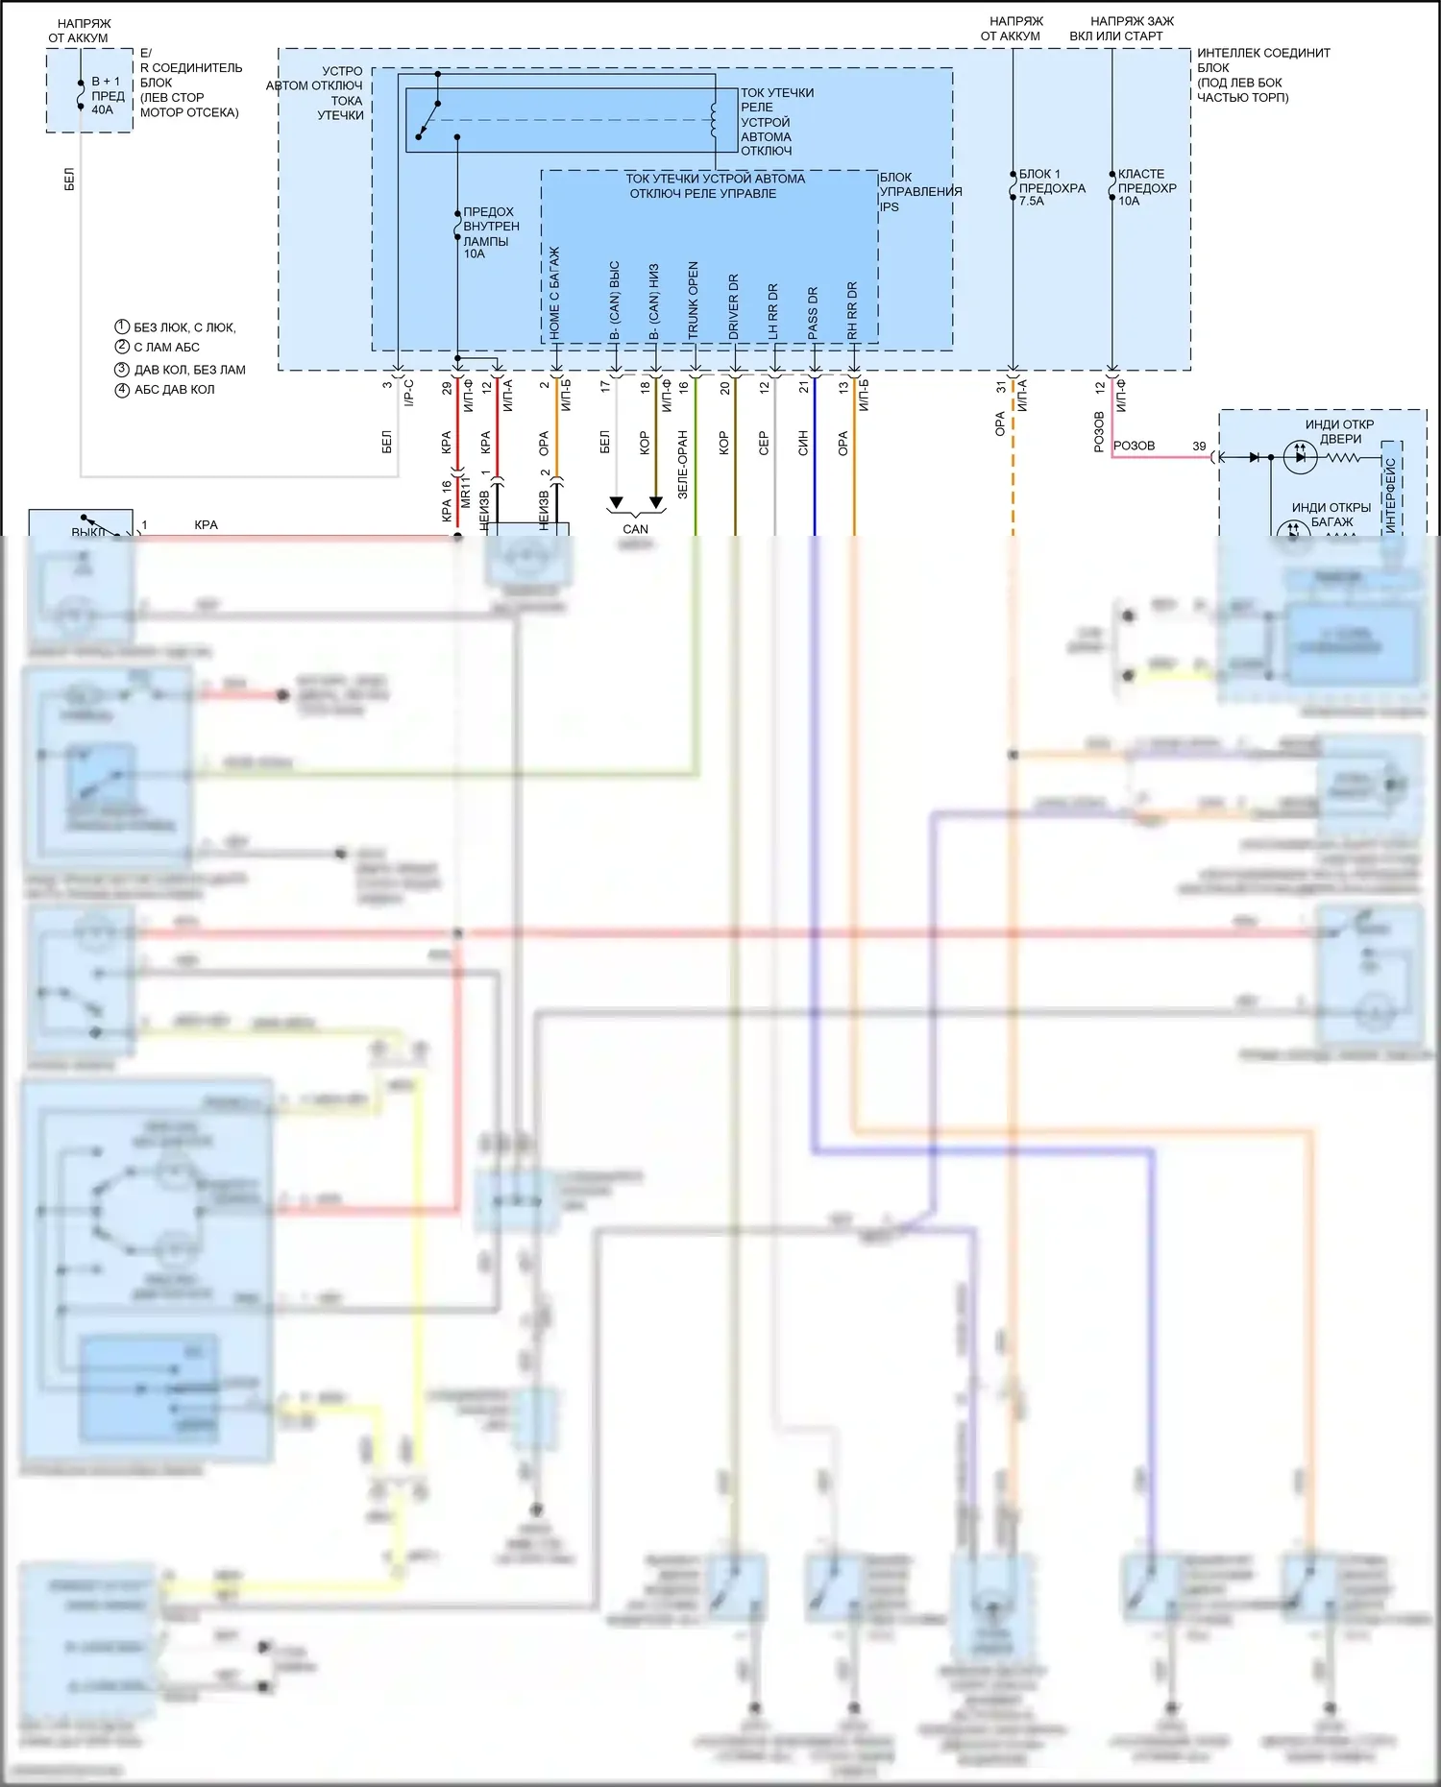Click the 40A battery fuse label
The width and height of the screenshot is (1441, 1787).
point(102,109)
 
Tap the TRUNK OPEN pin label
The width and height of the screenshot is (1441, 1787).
point(693,301)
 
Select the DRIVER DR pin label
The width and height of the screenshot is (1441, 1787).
point(733,306)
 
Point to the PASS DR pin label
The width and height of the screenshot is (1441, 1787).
point(813,312)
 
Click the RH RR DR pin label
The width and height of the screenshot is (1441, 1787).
point(852,310)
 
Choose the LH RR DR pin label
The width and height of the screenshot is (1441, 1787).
point(773,310)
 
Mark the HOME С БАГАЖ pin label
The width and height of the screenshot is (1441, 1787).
point(554,293)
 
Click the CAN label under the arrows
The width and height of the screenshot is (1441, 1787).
point(635,529)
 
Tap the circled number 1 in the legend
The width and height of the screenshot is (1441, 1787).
point(122,326)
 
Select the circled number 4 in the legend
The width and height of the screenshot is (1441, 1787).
point(122,390)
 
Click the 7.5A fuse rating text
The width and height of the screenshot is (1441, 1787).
point(1031,202)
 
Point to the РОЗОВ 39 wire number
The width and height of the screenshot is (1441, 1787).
point(1199,447)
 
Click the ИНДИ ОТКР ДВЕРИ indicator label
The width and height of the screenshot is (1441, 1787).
point(1339,431)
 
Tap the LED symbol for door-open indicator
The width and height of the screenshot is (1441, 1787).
point(1300,458)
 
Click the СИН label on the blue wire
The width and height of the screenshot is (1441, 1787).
point(803,443)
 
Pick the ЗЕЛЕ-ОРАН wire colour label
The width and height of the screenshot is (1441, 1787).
point(683,464)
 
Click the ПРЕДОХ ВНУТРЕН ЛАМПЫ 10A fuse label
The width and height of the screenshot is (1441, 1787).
point(490,232)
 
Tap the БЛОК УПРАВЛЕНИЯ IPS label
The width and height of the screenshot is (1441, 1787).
point(919,192)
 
